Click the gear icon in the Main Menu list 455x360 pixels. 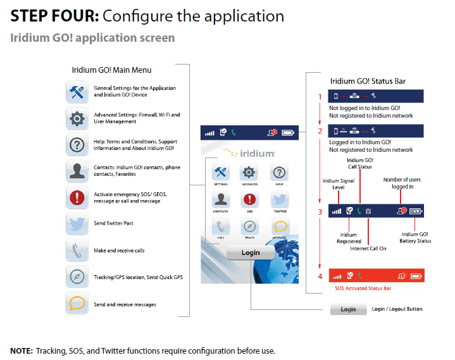point(77,118)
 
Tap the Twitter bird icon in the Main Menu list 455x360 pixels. point(77,223)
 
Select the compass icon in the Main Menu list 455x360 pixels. point(77,276)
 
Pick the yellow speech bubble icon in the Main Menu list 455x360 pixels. point(77,304)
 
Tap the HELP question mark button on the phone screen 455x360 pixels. point(278,173)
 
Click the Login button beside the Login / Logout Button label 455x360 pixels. point(348,309)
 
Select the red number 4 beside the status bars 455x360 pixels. point(320,276)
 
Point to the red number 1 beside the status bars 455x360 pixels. point(320,97)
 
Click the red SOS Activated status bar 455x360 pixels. point(376,276)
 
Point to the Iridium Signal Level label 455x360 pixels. point(336,184)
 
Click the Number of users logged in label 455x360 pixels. point(402,183)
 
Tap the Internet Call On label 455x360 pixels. point(368,249)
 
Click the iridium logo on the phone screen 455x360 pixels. point(249,153)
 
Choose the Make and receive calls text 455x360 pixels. point(119,251)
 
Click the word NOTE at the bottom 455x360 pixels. point(21,351)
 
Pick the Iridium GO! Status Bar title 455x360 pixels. point(368,81)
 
